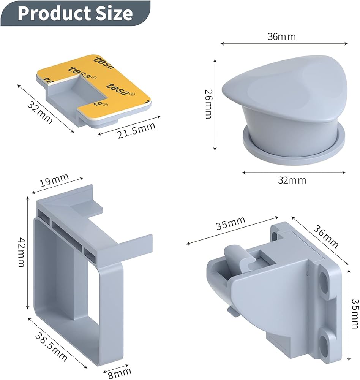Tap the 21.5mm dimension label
click(136, 131)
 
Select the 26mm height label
click(208, 104)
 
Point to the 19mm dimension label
click(54, 180)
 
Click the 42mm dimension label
click(22, 252)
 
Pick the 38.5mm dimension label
click(51, 347)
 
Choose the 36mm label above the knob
click(282, 36)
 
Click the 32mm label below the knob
click(292, 180)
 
